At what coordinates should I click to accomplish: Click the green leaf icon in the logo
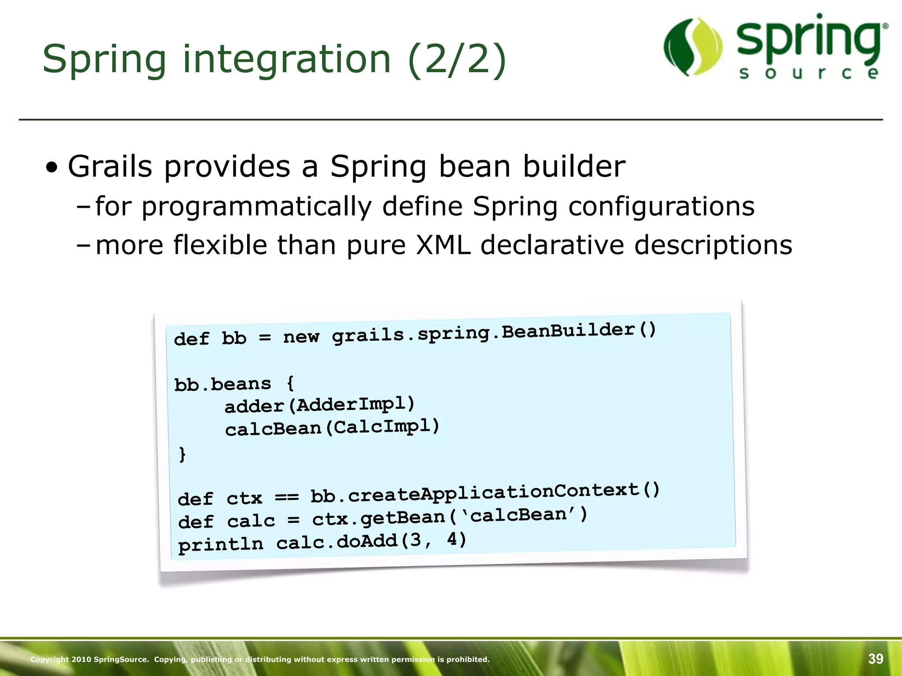click(x=693, y=47)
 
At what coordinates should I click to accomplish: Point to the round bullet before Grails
click(x=52, y=168)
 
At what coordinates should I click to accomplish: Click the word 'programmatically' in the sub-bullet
click(x=256, y=206)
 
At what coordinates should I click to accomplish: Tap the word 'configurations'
click(x=661, y=206)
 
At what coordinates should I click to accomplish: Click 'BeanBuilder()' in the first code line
click(x=579, y=331)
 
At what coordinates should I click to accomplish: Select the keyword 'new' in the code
click(x=301, y=337)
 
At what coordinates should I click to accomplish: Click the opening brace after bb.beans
click(x=290, y=383)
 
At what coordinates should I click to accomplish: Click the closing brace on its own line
click(x=182, y=454)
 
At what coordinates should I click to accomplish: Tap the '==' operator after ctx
click(x=287, y=497)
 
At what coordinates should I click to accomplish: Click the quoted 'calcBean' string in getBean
click(x=518, y=515)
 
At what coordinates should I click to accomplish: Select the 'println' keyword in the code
click(x=221, y=544)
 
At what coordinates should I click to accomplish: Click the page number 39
click(x=876, y=659)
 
